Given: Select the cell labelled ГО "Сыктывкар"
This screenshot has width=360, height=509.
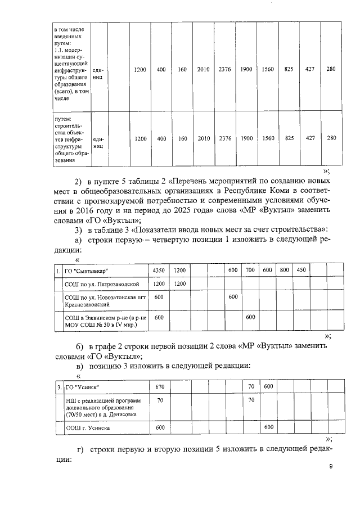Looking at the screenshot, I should (87, 271).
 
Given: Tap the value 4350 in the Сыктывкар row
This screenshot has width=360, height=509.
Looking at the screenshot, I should (159, 270).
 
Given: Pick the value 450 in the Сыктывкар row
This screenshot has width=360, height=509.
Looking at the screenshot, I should (301, 270).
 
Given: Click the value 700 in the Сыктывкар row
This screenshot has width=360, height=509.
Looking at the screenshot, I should (250, 271).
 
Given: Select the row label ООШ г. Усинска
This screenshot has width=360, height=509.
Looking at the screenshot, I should (88, 427).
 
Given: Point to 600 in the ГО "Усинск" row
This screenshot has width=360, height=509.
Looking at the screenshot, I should (268, 387).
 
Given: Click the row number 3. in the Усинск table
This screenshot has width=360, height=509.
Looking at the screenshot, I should (60, 387).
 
